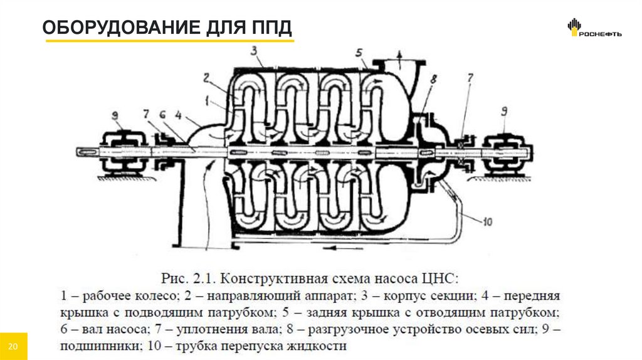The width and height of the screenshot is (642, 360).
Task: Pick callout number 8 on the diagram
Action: tap(433, 79)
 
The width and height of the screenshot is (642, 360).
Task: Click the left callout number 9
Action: tap(115, 114)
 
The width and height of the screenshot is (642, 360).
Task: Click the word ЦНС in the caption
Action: tap(441, 277)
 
